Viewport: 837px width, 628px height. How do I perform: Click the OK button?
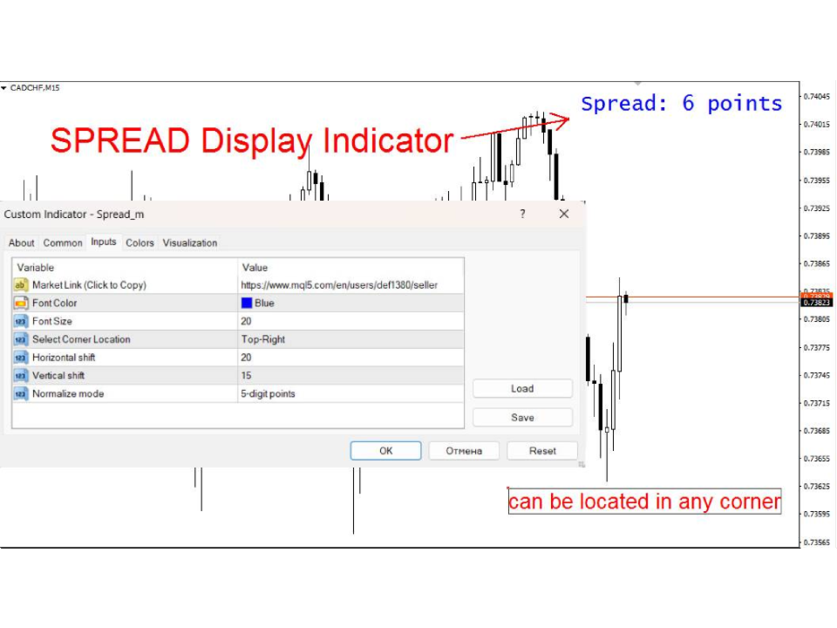(385, 451)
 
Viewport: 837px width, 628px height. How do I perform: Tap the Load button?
(522, 389)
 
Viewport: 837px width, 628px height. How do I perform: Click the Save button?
(522, 418)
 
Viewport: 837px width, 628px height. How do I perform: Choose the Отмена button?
(464, 451)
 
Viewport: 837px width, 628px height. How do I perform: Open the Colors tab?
(139, 243)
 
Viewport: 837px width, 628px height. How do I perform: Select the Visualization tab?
(190, 243)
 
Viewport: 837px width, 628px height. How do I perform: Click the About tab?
(21, 243)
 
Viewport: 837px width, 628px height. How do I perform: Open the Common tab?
(63, 243)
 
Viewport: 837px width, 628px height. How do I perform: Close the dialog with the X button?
(564, 215)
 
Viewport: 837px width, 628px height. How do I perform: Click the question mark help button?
(522, 215)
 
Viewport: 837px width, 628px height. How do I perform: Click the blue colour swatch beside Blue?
(247, 303)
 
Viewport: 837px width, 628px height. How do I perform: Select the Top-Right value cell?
(263, 339)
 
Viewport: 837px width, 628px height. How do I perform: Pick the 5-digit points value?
(268, 393)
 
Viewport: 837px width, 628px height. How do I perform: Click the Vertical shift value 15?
(246, 375)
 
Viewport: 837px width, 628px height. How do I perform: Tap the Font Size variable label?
(52, 321)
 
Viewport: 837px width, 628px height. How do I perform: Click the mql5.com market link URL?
(339, 285)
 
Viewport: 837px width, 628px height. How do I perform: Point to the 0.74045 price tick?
(817, 97)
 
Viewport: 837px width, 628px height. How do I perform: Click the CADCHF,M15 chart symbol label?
(35, 88)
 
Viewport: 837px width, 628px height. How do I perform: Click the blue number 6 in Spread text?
(688, 103)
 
